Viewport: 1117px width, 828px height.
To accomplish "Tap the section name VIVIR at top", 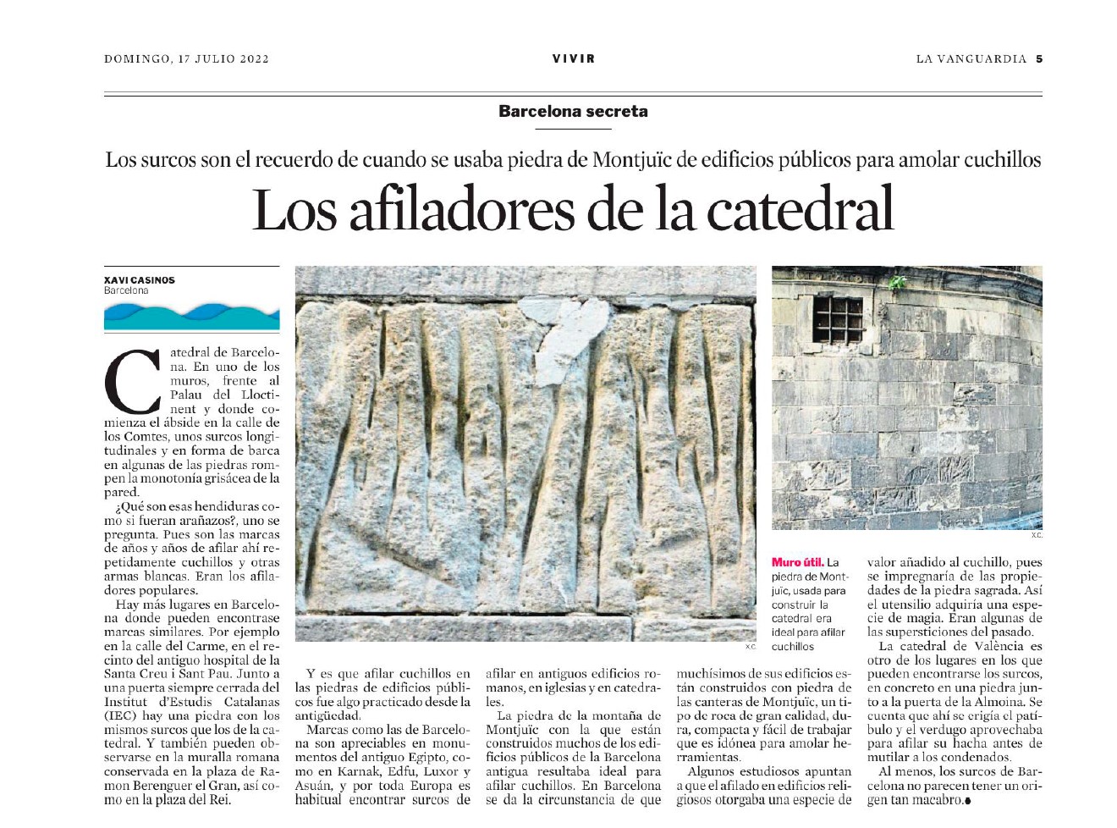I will (x=573, y=59).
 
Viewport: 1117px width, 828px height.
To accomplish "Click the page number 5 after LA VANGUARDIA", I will (x=1038, y=59).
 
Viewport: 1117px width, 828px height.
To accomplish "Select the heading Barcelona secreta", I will (x=573, y=111).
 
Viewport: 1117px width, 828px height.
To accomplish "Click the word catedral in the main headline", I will (x=800, y=210).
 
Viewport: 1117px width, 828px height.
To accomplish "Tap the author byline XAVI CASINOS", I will (x=140, y=280).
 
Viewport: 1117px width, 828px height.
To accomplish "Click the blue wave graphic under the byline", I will (x=191, y=317).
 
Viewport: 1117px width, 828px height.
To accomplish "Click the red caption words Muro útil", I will (x=797, y=562).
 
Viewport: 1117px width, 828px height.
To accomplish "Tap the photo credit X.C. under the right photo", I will (x=1036, y=535).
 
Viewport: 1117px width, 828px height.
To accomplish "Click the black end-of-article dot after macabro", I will (x=966, y=801).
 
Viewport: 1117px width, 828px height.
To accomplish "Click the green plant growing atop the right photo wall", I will (x=897, y=281).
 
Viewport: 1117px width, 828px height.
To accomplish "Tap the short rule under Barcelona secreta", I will (x=573, y=129).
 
